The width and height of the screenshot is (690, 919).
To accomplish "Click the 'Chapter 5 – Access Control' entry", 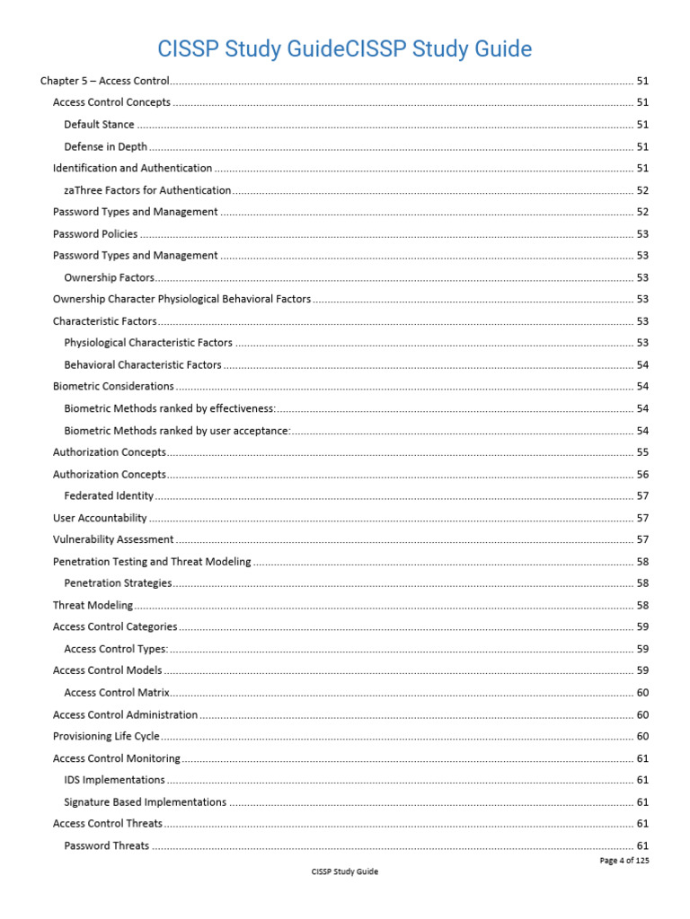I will (x=105, y=81).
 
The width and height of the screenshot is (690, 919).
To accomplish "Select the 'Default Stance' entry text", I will (x=99, y=125).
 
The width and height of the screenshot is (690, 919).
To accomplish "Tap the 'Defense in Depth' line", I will (x=105, y=146).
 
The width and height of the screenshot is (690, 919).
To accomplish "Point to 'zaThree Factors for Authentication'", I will (x=147, y=190).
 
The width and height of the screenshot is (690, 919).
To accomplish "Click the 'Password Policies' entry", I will (x=95, y=234).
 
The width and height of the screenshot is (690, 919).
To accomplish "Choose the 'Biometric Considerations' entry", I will (x=113, y=386).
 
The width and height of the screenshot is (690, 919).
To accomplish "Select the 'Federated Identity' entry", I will (x=109, y=495).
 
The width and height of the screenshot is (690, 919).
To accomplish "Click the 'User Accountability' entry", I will (x=100, y=518).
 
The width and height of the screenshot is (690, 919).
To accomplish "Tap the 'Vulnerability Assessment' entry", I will (x=113, y=539).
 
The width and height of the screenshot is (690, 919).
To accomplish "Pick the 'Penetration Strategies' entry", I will (x=118, y=583).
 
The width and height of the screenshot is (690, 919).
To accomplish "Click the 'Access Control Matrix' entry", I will (x=117, y=693).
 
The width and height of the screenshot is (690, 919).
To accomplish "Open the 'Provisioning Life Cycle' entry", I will (x=106, y=736).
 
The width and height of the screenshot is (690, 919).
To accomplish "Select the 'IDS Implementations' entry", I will (x=114, y=780).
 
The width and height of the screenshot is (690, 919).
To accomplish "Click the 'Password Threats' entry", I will (x=106, y=845).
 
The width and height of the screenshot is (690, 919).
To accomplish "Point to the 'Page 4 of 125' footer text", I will (x=624, y=860).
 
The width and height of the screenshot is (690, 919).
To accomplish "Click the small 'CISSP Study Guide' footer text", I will (x=344, y=871).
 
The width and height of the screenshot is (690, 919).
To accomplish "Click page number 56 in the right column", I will (x=642, y=474).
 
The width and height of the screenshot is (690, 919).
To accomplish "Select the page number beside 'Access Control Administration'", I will (x=642, y=714).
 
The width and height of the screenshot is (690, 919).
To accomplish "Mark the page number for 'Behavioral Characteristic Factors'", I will (x=642, y=364).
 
